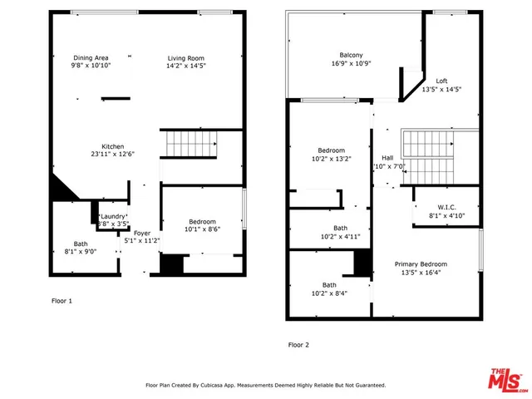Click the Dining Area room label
pos(91,57)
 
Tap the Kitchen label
pos(113,146)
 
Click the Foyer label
pos(142,234)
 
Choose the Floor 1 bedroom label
pos(202,222)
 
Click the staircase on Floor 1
pos(190,145)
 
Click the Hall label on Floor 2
pos(387,158)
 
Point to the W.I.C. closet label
pos(446,207)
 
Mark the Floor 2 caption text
pos(298,344)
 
